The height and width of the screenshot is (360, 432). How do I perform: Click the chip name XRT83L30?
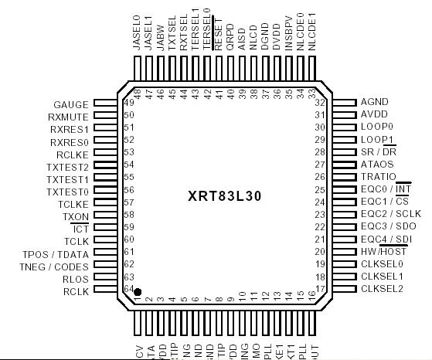pos(224,195)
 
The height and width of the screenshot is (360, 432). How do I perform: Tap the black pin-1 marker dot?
pos(138,292)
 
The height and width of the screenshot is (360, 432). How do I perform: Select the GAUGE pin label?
pos(71,104)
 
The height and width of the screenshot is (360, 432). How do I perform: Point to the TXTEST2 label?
pos(67,166)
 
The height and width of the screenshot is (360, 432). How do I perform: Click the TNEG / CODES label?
pos(55,266)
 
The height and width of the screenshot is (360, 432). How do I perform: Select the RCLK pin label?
pos(76,290)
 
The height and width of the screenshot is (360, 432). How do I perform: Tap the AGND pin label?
pos(374,102)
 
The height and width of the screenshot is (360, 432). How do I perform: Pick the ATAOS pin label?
pos(377,164)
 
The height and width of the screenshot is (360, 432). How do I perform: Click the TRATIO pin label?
pos(378,177)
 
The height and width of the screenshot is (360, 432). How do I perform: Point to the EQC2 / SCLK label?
pos(390,214)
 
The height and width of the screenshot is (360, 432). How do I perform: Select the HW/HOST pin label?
pos(383,251)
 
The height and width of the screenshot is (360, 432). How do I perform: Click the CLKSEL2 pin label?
pos(382,289)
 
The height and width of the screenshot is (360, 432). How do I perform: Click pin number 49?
pos(128,103)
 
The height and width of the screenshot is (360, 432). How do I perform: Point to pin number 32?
pos(318,102)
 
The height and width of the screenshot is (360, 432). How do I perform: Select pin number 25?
pos(318,189)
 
